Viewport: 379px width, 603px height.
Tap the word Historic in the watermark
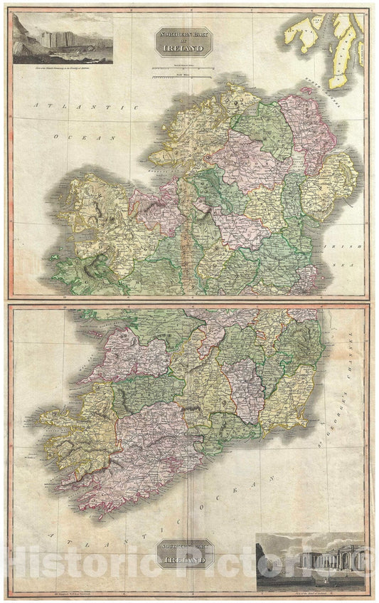78,562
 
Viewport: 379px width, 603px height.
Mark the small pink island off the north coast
309,90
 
